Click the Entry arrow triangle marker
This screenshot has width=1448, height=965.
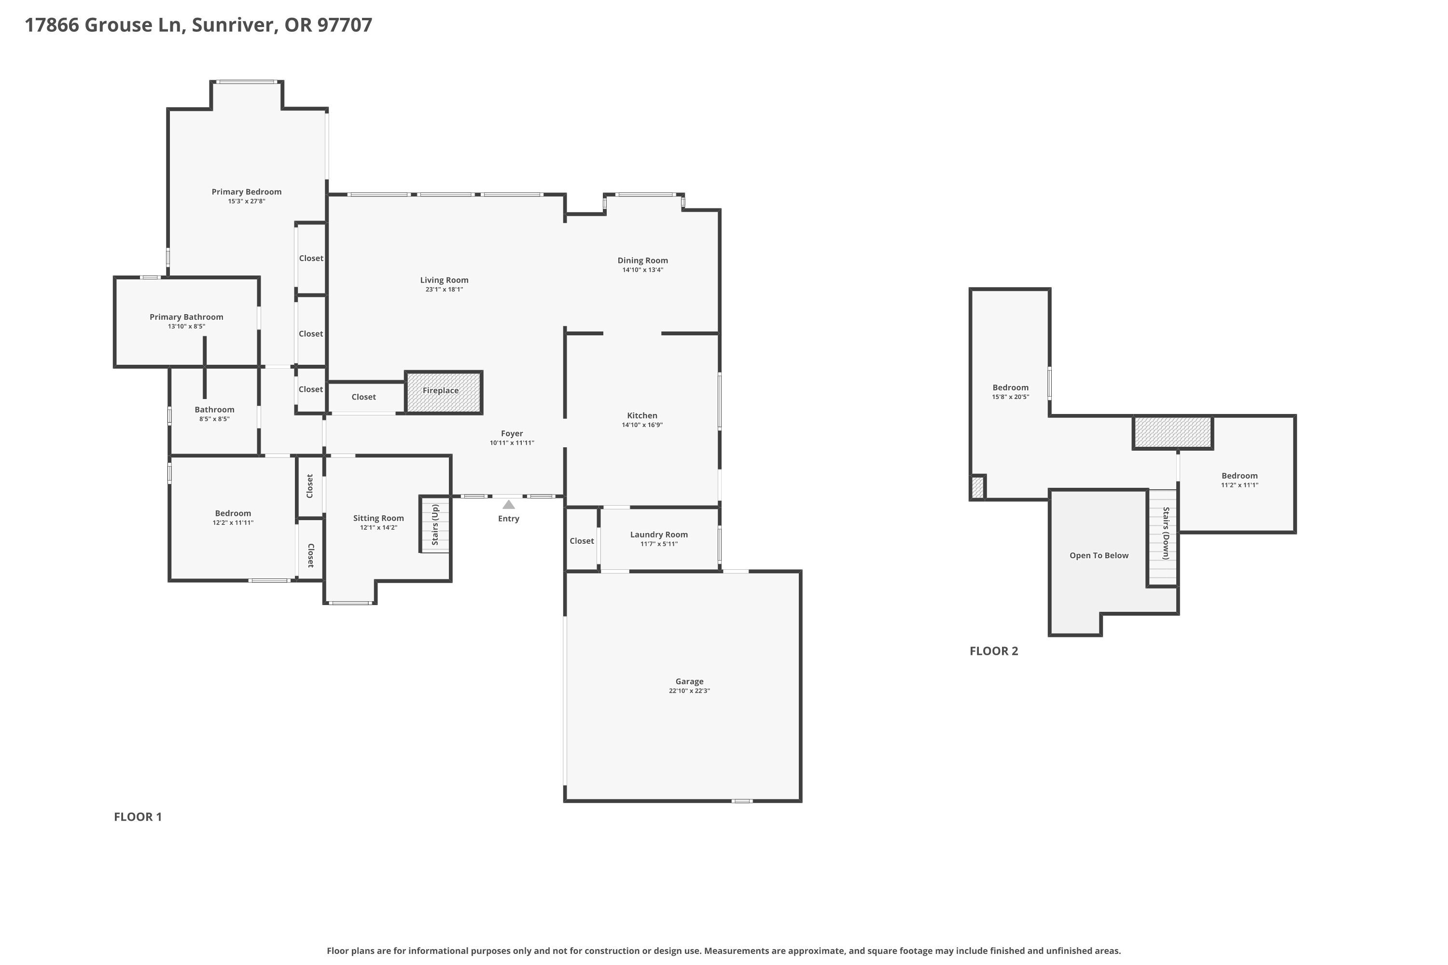[x=509, y=505]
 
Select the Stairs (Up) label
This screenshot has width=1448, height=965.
[x=435, y=524]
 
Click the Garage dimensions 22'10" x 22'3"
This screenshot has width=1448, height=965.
[x=690, y=690]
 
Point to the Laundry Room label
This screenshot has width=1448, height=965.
[x=659, y=534]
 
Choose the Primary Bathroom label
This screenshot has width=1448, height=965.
[x=186, y=317]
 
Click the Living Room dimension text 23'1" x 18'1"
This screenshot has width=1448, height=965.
[x=444, y=289]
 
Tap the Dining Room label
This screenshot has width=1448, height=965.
[x=643, y=261]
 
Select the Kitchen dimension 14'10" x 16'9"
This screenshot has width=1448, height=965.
[x=642, y=425]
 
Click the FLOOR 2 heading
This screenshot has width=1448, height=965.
[x=994, y=651]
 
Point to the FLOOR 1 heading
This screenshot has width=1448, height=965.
[x=138, y=817]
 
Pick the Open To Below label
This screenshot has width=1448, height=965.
[x=1099, y=555]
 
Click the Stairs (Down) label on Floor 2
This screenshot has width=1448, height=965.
[x=1166, y=533]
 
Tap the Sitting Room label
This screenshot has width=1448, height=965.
[x=378, y=518]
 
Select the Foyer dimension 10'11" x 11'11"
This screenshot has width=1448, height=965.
[x=512, y=442]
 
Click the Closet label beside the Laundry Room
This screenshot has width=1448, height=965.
[x=582, y=540]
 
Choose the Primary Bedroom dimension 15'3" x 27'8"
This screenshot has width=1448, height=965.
[x=246, y=201]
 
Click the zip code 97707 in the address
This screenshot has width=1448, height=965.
[x=345, y=25]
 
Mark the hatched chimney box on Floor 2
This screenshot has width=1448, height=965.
[x=1173, y=433]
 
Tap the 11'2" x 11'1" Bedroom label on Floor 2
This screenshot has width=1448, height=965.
[x=1240, y=476]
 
